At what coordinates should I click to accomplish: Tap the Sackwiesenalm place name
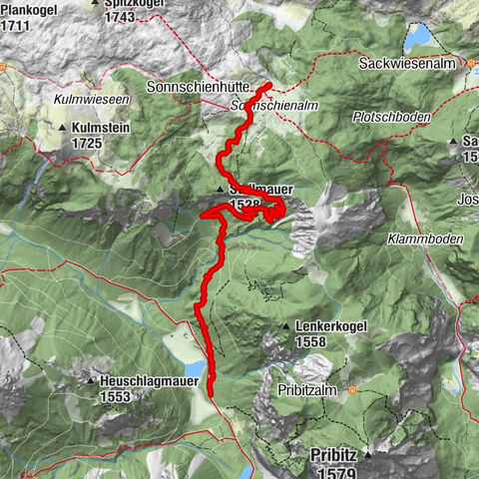(x=407, y=63)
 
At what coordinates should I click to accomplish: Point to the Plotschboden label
(x=391, y=117)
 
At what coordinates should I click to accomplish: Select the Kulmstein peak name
(x=103, y=129)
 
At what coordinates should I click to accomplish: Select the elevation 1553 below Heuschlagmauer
(x=117, y=395)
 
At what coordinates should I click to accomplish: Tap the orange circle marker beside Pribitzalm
(x=351, y=392)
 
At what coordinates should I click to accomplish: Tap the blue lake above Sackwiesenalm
(x=418, y=37)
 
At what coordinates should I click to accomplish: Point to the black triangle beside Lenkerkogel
(x=285, y=326)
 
